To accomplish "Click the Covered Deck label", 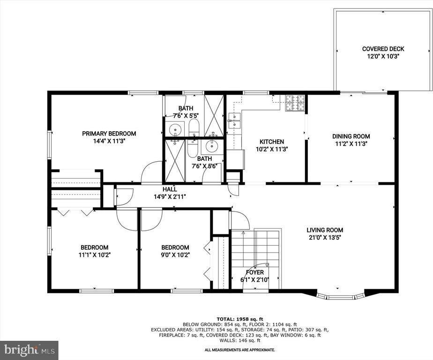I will point(383,49).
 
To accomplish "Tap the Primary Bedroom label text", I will point(109,134).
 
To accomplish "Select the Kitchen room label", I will point(272,142).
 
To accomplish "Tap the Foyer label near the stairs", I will point(255,272).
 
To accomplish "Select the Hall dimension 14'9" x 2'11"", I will point(170,197).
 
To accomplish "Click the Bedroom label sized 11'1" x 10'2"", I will point(95,247).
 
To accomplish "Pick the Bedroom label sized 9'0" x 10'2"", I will point(175,247).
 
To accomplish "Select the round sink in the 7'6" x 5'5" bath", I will point(176,128).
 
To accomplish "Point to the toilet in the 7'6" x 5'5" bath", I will point(194,127).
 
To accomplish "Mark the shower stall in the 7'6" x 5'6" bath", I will point(174,160).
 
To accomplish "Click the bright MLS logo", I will point(29,350).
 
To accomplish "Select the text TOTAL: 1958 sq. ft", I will point(240,318).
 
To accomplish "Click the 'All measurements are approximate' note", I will point(240,350).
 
